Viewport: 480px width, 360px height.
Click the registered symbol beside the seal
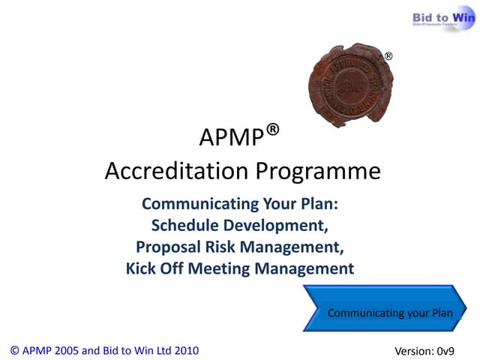[x=388, y=56]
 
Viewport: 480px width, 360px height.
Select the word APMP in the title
[x=232, y=139]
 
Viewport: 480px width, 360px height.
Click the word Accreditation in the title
[x=178, y=172]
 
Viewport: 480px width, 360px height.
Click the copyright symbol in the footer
[x=15, y=349]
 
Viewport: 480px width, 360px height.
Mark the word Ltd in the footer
[x=158, y=349]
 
